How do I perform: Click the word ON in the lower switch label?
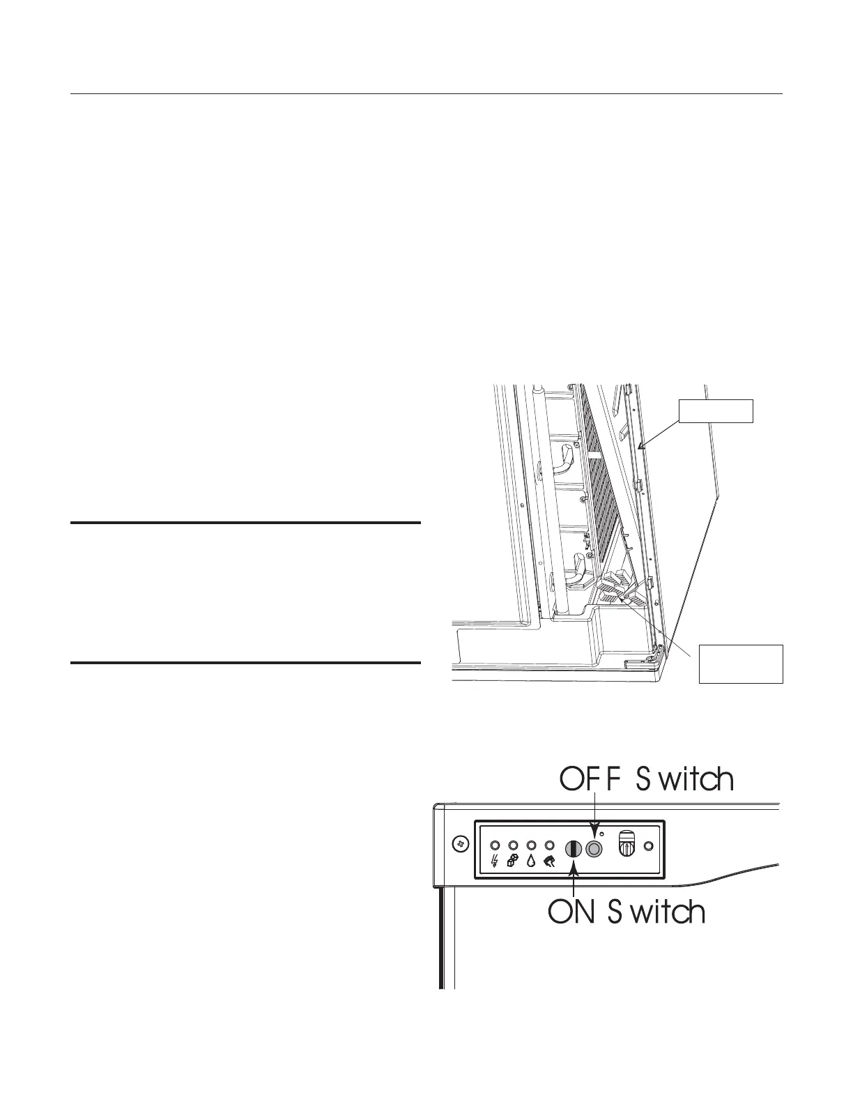571,912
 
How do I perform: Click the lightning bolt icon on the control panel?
495,861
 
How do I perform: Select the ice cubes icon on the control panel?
513,861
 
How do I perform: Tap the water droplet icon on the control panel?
531,861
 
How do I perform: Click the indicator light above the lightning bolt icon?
494,845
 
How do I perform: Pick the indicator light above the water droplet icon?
530,845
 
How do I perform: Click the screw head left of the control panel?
460,844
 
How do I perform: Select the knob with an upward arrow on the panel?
627,845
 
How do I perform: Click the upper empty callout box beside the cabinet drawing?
716,411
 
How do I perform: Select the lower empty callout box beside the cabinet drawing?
741,664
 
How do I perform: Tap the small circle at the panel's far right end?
649,846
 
